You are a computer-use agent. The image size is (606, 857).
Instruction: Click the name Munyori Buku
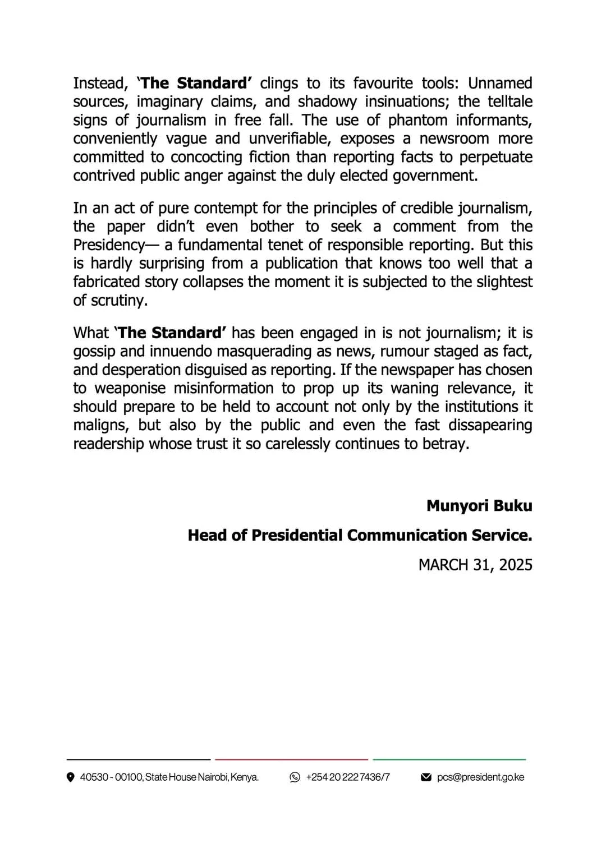point(479,506)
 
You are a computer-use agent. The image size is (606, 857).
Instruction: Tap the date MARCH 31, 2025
point(475,565)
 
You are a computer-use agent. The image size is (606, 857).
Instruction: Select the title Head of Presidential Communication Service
point(360,535)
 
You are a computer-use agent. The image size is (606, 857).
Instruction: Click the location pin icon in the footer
point(70,777)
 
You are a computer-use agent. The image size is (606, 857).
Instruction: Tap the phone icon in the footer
point(295,777)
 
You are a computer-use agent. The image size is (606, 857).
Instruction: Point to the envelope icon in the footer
point(426,777)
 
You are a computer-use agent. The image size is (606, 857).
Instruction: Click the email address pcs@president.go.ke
point(480,777)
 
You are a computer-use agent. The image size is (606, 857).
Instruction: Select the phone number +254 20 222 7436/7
point(348,777)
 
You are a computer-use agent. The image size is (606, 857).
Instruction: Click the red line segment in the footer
point(291,759)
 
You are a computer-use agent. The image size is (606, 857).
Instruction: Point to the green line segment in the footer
point(449,759)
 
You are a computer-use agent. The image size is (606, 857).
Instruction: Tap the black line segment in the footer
point(139,759)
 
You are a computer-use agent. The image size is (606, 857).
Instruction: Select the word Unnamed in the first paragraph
point(500,84)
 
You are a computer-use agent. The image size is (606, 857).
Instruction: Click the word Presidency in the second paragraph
point(109,245)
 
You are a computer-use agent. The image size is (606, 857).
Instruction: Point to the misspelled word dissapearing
point(490,425)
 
